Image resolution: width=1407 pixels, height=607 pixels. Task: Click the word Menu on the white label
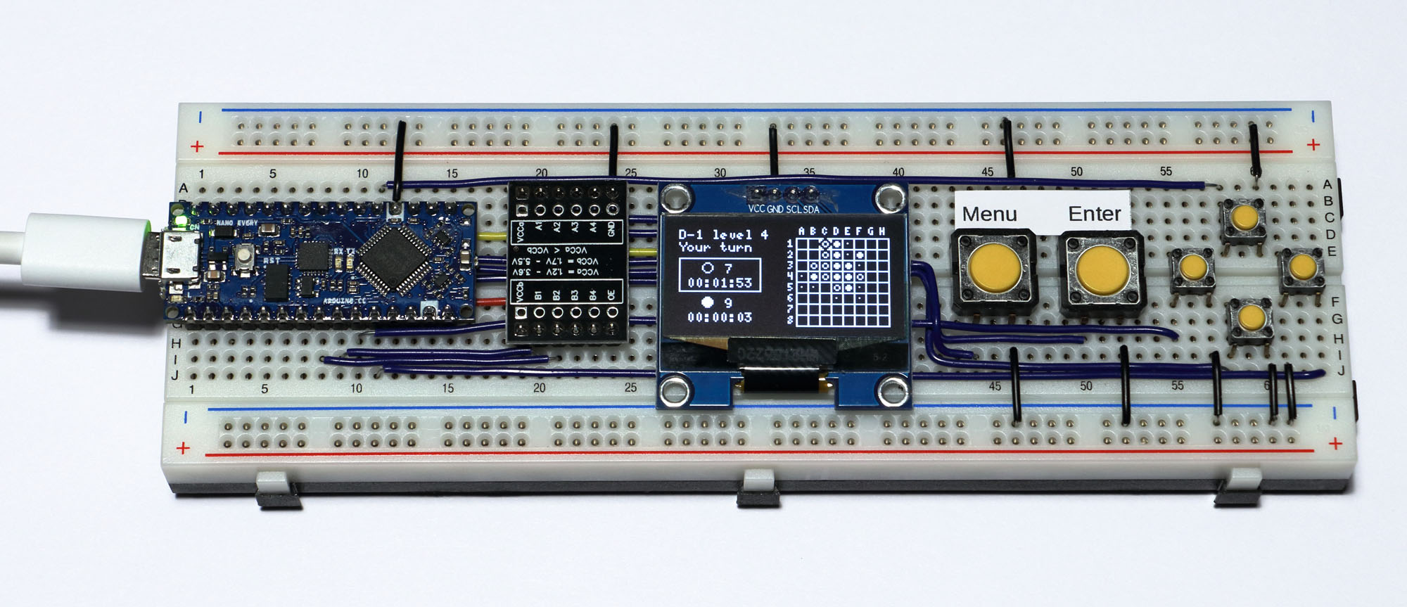[989, 214]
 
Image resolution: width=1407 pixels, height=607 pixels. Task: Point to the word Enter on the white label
[1094, 213]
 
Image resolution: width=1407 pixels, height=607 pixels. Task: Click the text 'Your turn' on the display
[715, 248]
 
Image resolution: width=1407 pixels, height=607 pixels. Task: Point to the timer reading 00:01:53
[720, 283]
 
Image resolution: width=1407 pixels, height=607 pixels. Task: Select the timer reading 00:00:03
[720, 317]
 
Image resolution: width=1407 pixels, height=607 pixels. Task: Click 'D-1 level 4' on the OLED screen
[722, 234]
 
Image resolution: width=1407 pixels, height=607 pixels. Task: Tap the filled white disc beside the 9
[708, 302]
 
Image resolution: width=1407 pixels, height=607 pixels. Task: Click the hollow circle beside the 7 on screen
[708, 268]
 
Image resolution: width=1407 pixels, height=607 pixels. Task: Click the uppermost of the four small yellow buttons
[1244, 217]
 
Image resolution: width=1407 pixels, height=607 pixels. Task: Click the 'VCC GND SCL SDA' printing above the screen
[783, 209]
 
